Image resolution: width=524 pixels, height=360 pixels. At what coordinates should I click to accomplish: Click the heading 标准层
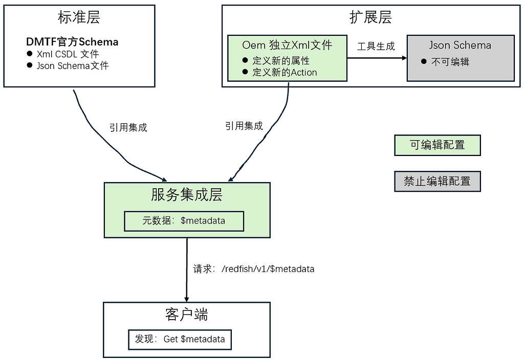click(79, 17)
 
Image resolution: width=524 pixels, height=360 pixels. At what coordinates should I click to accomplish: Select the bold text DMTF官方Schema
click(72, 42)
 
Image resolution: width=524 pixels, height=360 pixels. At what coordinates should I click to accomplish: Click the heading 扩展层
click(370, 17)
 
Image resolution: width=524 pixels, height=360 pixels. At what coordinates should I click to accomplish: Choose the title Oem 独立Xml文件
click(287, 45)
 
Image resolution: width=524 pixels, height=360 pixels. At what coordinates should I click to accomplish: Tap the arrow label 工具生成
click(376, 47)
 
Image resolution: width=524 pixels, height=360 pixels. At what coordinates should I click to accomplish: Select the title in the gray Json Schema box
click(460, 45)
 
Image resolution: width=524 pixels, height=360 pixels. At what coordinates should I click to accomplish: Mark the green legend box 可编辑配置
click(438, 145)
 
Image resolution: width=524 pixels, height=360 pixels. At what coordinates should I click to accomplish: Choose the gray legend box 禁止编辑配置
click(438, 181)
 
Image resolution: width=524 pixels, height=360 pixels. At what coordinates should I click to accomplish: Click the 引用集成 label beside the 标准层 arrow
click(128, 127)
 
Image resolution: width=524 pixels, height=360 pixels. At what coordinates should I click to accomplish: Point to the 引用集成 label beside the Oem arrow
click(244, 126)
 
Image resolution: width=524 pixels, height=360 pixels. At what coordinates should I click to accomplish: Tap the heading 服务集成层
click(187, 195)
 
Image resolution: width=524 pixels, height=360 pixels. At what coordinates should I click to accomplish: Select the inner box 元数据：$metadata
click(184, 221)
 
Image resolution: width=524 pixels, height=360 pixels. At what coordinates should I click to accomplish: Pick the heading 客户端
click(187, 314)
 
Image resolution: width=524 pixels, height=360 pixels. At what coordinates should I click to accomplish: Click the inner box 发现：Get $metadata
click(180, 339)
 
